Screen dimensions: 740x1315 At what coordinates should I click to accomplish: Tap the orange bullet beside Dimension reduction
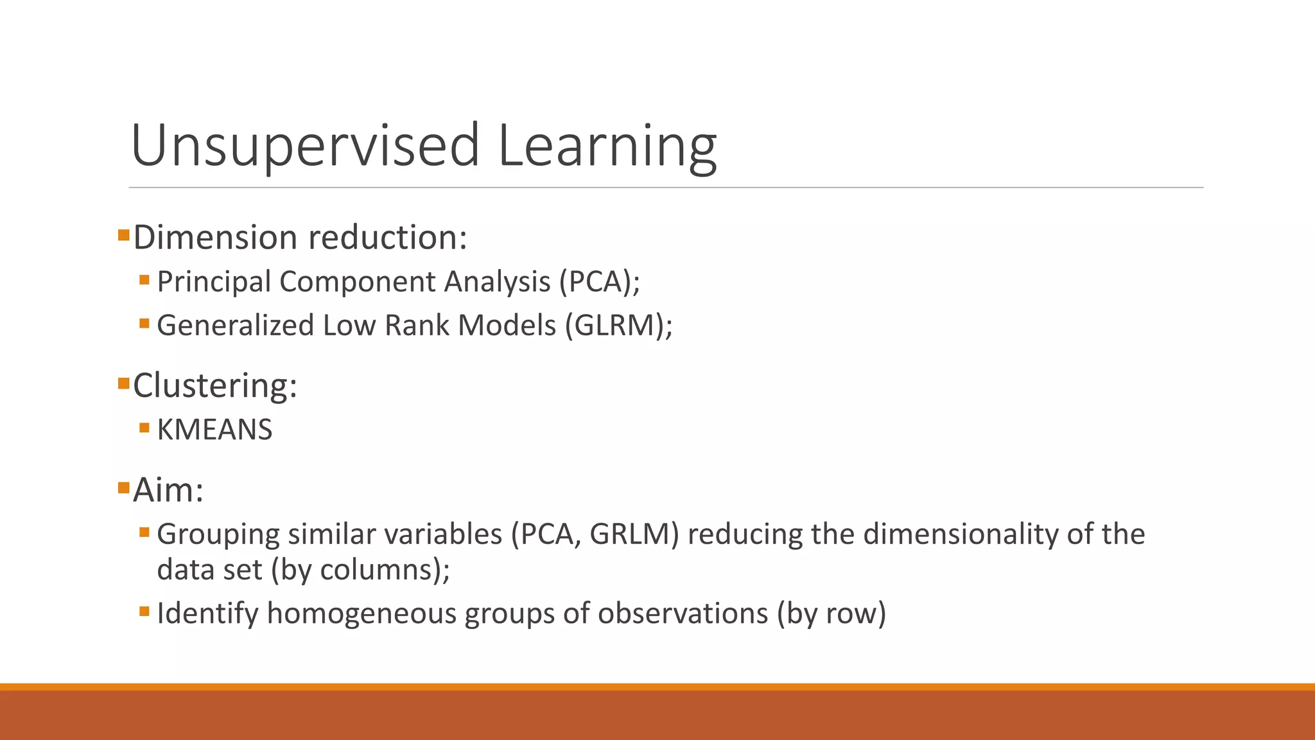[124, 235]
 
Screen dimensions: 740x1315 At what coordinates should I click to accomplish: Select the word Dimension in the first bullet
[216, 237]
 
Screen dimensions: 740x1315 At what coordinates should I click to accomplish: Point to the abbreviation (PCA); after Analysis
[599, 282]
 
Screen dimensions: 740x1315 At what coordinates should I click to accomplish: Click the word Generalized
[236, 325]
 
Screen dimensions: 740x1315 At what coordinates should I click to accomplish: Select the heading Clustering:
[215, 385]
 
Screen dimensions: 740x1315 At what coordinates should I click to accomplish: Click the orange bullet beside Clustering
[124, 383]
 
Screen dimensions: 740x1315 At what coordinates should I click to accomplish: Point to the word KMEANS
[214, 430]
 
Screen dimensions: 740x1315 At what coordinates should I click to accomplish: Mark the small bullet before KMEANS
[144, 428]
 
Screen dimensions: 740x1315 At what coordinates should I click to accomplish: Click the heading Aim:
[168, 490]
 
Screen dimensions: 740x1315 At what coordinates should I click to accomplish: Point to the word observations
[683, 613]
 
